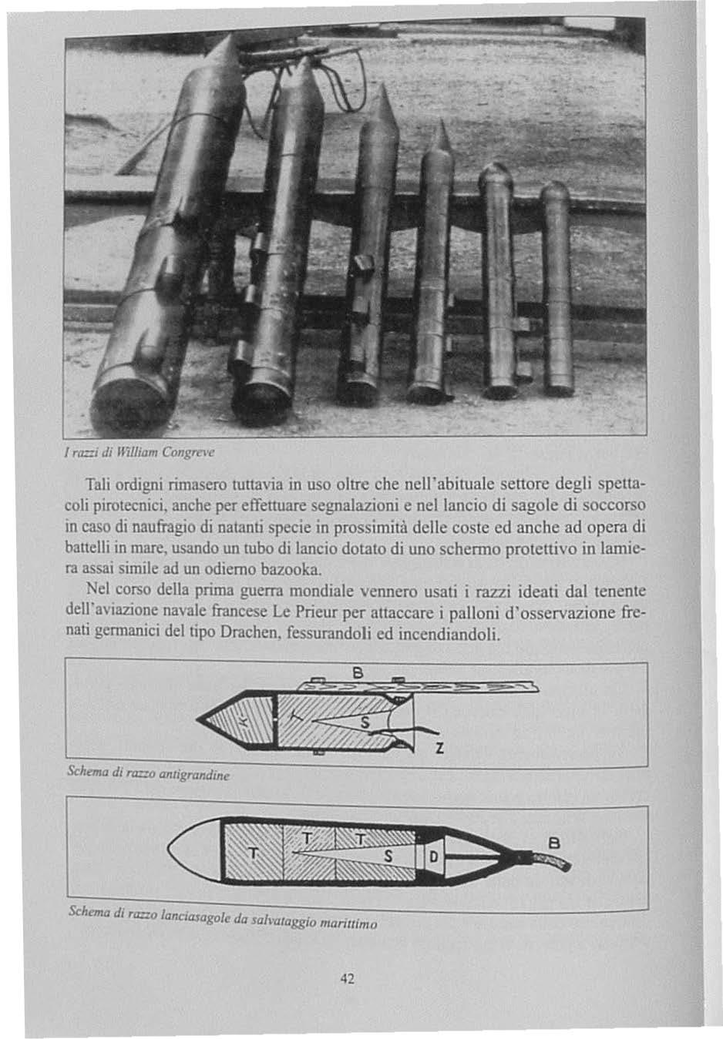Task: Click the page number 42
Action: [346, 978]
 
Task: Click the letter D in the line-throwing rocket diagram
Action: [432, 856]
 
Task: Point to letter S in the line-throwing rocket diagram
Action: [388, 856]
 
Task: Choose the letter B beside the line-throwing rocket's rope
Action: [551, 843]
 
